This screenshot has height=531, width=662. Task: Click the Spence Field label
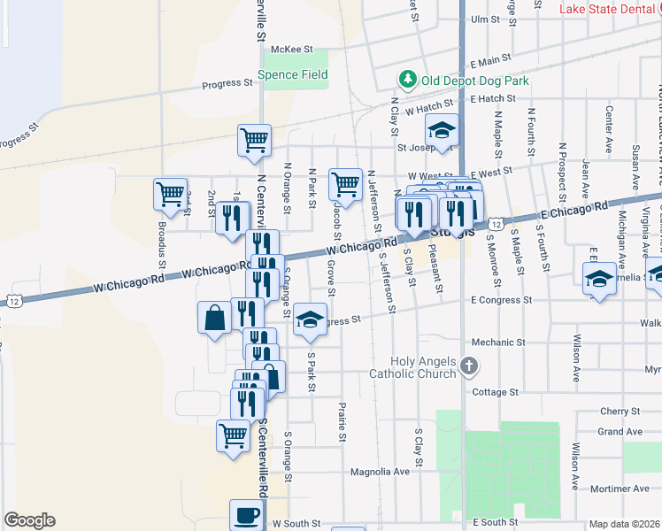[293, 75]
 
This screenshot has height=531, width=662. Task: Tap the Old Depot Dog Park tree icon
[407, 81]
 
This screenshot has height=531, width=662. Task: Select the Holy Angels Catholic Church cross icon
[470, 365]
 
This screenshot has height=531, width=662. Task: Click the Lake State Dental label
[610, 9]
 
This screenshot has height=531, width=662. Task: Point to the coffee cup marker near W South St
[247, 515]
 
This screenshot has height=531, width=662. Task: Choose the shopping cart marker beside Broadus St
[170, 193]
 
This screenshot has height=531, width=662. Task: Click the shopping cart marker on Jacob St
[345, 185]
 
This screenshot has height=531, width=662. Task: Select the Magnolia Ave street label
[380, 472]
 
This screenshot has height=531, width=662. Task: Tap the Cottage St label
[495, 392]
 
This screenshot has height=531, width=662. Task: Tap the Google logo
[29, 520]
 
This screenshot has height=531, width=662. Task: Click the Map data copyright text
[625, 524]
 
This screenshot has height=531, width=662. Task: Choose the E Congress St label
[501, 301]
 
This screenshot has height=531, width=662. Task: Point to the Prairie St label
[342, 422]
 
